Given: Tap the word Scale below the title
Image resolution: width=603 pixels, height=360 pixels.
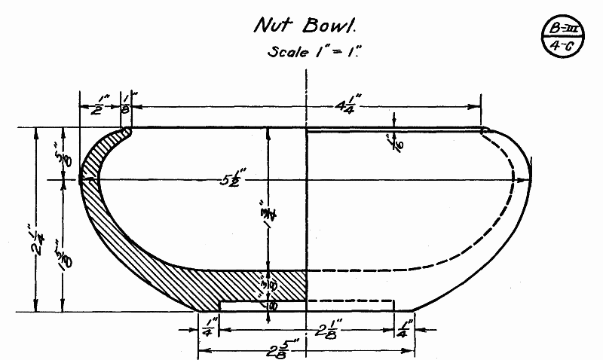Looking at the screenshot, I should click(x=287, y=53).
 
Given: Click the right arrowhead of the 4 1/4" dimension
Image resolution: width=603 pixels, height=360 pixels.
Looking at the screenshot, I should click(x=479, y=105).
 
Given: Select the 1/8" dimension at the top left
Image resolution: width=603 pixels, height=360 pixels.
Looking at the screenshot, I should click(x=126, y=105).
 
